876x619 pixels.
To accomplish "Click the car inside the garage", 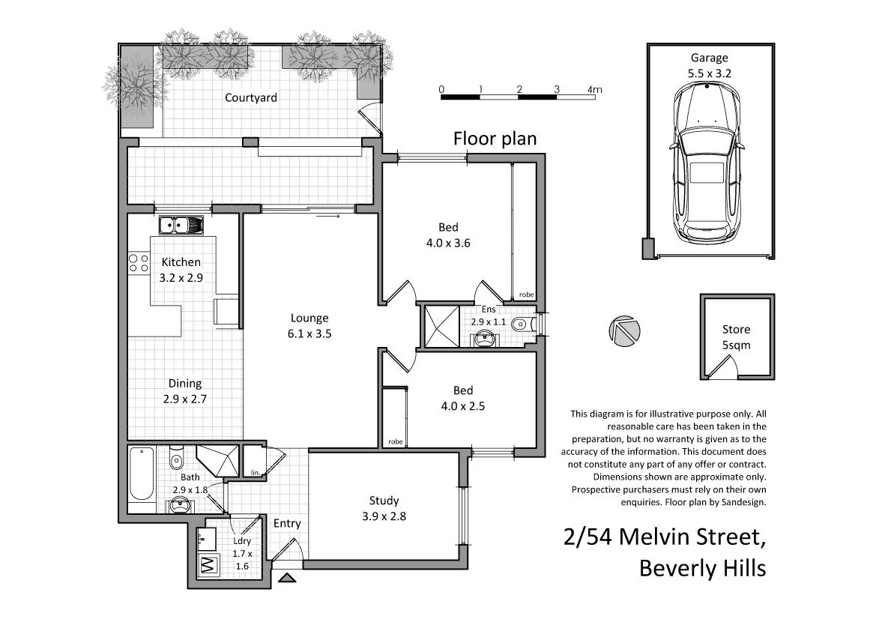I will coord(707,163).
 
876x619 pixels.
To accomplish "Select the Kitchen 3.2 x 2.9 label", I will coord(181,269).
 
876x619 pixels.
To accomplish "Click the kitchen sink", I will coord(181,224).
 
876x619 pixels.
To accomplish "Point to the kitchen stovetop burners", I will coord(139,263).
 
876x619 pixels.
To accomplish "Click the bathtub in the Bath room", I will coord(141,474).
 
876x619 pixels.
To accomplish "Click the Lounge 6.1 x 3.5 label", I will coord(310,326).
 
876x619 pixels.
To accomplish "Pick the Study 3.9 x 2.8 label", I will coord(384,508).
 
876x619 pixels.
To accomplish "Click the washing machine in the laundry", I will coord(207,566).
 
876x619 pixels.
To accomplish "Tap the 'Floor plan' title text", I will coord(495,139).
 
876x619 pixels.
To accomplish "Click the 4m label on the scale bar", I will coord(594,90).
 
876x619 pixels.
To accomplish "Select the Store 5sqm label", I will coord(736,337).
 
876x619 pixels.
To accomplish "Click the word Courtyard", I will coord(251,98).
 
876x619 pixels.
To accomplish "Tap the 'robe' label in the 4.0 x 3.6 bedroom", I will coord(526,295).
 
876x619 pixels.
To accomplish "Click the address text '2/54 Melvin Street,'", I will coord(665,538).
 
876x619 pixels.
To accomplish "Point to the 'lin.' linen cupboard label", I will coord(256,472).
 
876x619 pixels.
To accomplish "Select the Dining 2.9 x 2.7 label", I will coord(184,391).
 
